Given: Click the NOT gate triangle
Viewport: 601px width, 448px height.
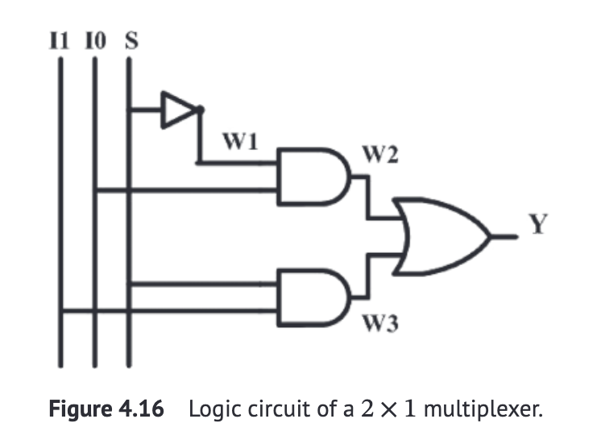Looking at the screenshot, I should [177, 110].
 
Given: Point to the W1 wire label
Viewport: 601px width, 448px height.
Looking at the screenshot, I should [239, 143].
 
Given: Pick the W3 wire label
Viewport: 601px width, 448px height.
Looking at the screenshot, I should [379, 325].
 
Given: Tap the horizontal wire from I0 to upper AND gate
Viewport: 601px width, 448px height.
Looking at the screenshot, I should [185, 191].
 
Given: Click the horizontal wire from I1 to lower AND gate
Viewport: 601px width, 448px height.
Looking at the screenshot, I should [169, 310].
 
